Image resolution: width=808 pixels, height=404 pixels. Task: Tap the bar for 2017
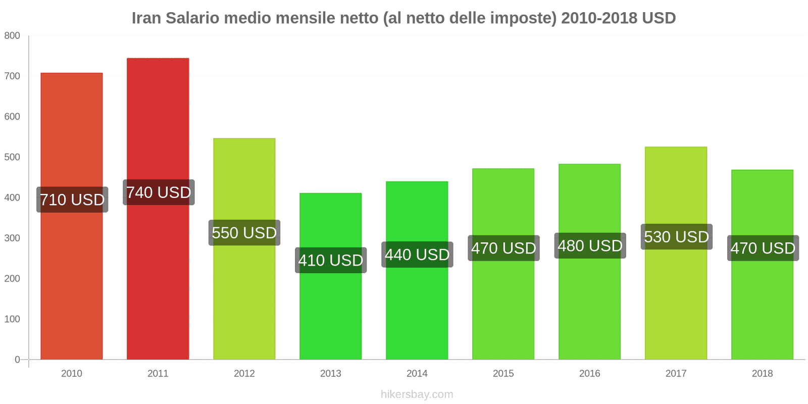[x=676, y=303]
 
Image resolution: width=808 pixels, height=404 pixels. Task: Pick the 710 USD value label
[x=72, y=199]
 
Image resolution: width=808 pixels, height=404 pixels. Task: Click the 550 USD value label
[x=244, y=233]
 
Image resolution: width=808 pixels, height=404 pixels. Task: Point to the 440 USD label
[x=417, y=255]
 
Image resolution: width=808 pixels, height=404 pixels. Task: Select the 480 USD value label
[x=590, y=246]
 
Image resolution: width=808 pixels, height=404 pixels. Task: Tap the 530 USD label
[x=676, y=237]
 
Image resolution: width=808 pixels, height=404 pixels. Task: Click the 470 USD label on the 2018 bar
[x=763, y=248]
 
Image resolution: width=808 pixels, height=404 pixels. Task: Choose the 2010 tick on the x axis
[x=72, y=373]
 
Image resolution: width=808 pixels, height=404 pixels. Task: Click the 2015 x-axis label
[x=503, y=373]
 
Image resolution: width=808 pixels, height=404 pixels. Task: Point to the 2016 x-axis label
[x=589, y=373]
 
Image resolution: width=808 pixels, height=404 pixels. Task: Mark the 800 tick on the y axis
[x=12, y=35]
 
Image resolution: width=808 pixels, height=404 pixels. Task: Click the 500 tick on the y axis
[x=12, y=157]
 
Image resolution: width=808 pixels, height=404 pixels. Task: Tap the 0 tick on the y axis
[x=17, y=360]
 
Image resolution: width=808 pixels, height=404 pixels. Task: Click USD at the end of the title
[x=659, y=18]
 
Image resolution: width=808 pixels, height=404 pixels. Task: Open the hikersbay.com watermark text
[x=417, y=394]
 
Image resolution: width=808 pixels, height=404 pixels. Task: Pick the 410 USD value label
[x=331, y=260]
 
